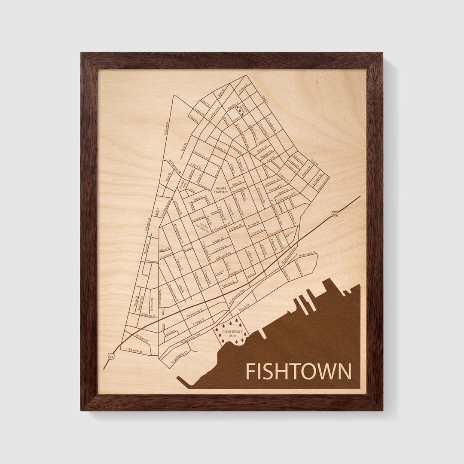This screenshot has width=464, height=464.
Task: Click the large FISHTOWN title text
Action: coord(298,372)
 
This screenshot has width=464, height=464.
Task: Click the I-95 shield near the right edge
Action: coord(335,214)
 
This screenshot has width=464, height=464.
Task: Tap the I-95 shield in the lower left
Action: coord(111,356)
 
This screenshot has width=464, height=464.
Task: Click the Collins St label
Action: coord(244,89)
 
